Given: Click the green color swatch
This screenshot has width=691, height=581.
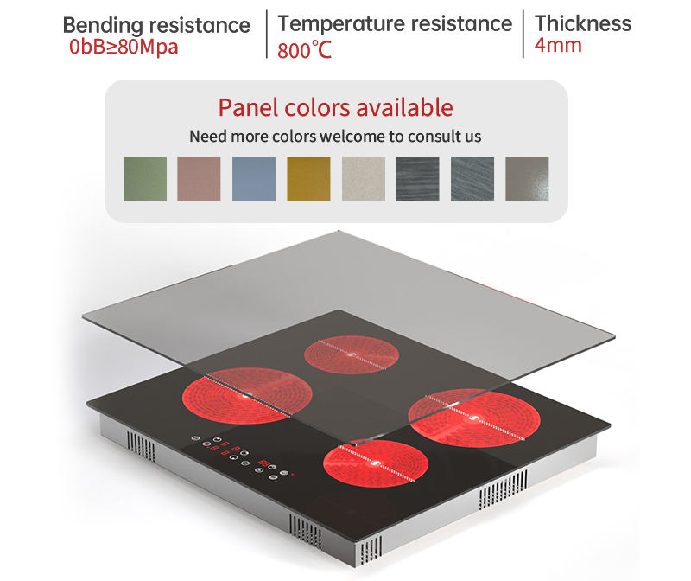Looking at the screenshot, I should click(145, 179).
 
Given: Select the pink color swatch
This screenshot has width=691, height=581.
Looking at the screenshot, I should click(200, 179).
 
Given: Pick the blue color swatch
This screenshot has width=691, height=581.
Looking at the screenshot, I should click(254, 179).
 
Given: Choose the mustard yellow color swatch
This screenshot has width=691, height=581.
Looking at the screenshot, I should click(308, 179).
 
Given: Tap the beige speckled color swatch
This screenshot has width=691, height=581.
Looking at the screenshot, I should click(364, 179).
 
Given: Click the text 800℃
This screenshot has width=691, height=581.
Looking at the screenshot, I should click(305, 49).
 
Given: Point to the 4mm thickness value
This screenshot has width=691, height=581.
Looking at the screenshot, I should click(558, 45).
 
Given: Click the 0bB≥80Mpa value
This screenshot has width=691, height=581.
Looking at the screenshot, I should click(124, 47).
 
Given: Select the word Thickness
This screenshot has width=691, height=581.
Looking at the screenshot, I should click(583, 22).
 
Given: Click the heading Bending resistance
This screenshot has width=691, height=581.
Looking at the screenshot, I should click(156, 24).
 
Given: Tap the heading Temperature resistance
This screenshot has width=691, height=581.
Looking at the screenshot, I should click(395, 22).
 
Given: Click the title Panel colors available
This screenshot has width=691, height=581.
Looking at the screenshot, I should click(335, 107).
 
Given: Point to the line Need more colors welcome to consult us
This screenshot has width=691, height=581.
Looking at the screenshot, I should click(335, 136).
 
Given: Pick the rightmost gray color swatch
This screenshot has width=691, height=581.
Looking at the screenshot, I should click(527, 179).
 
